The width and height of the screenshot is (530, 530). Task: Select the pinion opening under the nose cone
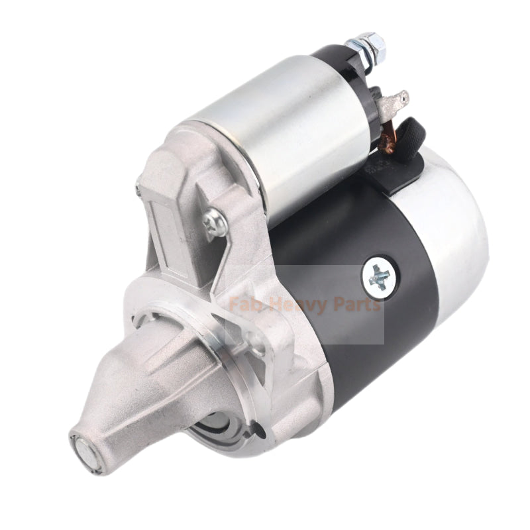coord(225,424)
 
